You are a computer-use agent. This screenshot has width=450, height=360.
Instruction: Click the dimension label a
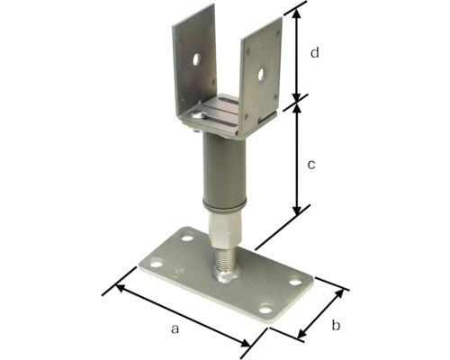point(175,328)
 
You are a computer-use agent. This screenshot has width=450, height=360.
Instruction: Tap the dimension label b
point(336,325)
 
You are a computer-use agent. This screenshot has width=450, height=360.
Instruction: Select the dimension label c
point(311,165)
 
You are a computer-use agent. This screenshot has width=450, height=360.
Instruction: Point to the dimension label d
point(314,53)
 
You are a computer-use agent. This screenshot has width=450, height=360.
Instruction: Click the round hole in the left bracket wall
point(196,59)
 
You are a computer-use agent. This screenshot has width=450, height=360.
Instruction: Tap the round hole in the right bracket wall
point(261,75)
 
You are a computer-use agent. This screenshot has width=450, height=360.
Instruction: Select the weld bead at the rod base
point(226,274)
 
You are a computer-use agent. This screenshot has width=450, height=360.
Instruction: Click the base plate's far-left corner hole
point(157,265)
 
